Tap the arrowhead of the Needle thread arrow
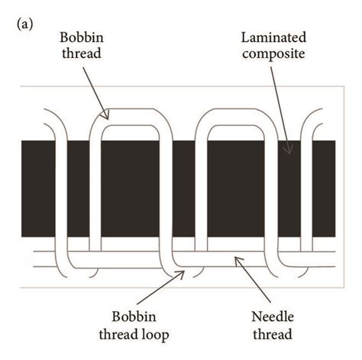click(236, 259)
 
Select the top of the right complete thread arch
click(234, 114)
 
